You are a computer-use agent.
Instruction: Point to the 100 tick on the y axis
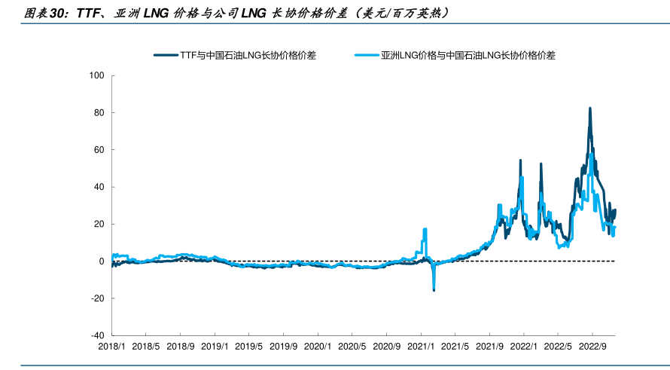coord(96,75)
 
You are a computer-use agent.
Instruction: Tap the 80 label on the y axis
coord(99,113)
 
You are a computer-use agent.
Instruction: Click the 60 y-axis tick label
coord(99,150)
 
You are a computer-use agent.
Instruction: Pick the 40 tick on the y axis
coord(99,187)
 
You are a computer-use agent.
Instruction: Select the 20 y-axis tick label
coord(99,224)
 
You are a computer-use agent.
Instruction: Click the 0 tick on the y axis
coord(101,261)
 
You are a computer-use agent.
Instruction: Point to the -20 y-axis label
coord(97,298)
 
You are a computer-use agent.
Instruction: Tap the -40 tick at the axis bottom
coord(97,335)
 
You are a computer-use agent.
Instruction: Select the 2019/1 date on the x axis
coord(215,347)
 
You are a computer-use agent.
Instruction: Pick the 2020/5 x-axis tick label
coord(352,347)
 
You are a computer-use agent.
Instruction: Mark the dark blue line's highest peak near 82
coord(589,109)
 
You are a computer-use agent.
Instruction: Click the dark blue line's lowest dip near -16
coord(434,289)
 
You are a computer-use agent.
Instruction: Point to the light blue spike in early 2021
coord(425,229)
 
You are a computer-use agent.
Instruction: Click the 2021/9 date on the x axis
coord(489,347)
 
